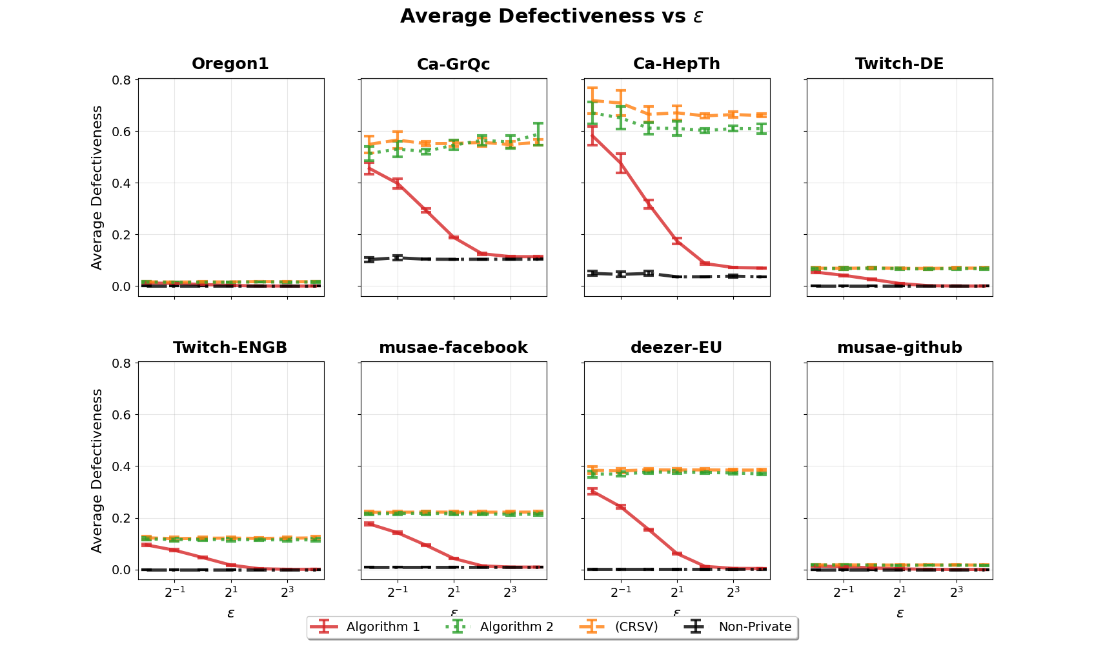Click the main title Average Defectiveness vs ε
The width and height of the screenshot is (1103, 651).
point(551,16)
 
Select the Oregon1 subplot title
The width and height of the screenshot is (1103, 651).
point(230,64)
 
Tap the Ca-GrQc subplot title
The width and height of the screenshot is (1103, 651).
point(453,64)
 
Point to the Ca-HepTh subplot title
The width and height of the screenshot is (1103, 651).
point(676,64)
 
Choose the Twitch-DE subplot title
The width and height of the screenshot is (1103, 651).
point(899,64)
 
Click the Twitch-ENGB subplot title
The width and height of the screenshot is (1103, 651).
point(230,348)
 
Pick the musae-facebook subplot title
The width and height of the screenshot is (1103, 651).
point(453,348)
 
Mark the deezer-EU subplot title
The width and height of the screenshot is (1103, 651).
point(676,348)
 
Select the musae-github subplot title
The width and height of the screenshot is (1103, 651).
point(899,348)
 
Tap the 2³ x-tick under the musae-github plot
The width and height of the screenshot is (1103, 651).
point(956,591)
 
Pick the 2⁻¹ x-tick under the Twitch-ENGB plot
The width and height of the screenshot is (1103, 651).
point(175,591)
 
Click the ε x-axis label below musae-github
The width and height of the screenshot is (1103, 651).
point(900,613)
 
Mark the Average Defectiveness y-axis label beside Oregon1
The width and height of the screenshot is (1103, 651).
point(97,187)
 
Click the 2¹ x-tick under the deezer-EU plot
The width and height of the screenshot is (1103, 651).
point(677,591)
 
